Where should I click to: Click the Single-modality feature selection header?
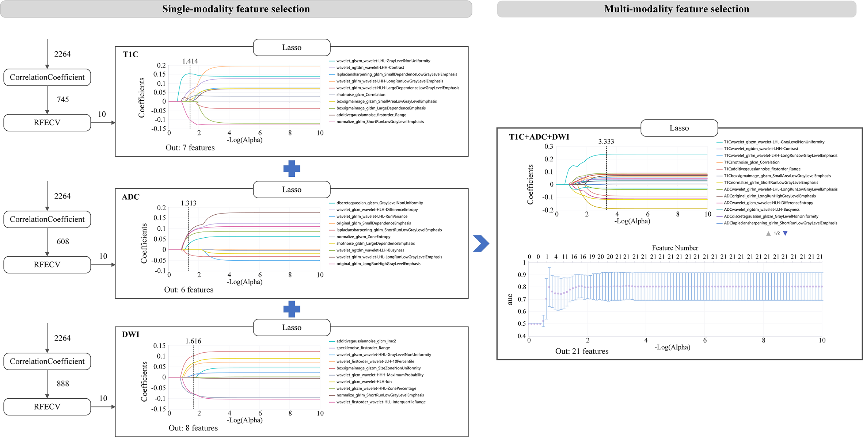236,9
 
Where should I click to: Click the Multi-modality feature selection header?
676,9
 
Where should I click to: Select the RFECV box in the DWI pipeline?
47,406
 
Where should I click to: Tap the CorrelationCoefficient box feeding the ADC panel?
47,219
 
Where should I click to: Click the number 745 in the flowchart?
63,100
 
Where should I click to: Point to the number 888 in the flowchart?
63,384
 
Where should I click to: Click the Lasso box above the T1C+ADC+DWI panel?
679,128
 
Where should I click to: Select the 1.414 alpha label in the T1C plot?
190,61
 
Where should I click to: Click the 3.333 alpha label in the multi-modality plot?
606,142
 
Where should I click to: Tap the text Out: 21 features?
582,351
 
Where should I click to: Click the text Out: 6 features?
189,290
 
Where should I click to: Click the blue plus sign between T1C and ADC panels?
292,169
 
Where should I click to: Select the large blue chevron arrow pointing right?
481,244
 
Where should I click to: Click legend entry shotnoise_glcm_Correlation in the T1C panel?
361,95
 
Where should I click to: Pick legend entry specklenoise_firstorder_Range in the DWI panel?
363,348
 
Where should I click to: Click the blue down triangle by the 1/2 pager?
785,233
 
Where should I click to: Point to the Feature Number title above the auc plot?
675,248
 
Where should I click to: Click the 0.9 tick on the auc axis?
522,275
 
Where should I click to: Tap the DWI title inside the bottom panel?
130,334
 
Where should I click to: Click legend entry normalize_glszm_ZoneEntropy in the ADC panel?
363,237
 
